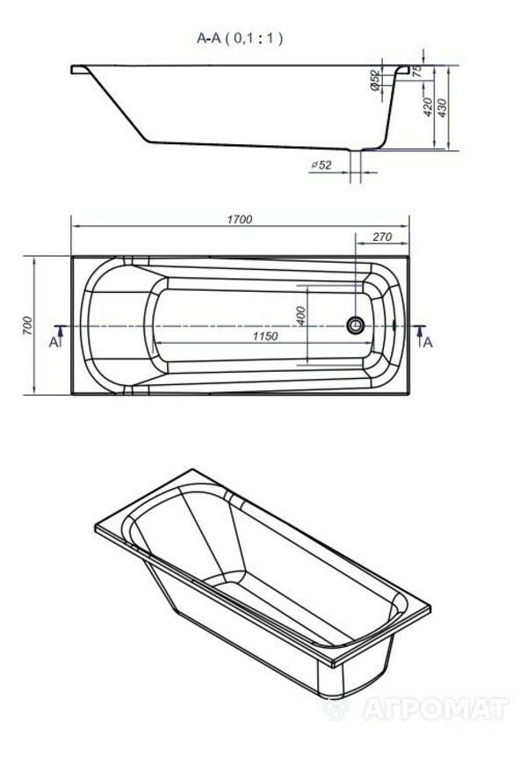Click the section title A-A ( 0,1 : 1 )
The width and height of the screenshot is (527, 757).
click(240, 38)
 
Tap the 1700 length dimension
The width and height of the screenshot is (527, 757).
click(240, 220)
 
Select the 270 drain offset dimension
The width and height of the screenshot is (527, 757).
click(382, 237)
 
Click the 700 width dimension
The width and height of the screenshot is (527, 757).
click(27, 326)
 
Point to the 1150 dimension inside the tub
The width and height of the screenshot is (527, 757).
click(265, 336)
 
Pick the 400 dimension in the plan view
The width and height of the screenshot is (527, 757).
click(301, 316)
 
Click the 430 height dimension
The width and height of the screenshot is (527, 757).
click(442, 108)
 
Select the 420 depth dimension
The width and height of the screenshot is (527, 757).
click(427, 107)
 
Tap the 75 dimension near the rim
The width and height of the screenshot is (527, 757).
click(417, 70)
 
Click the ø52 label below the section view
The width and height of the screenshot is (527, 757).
click(321, 165)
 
